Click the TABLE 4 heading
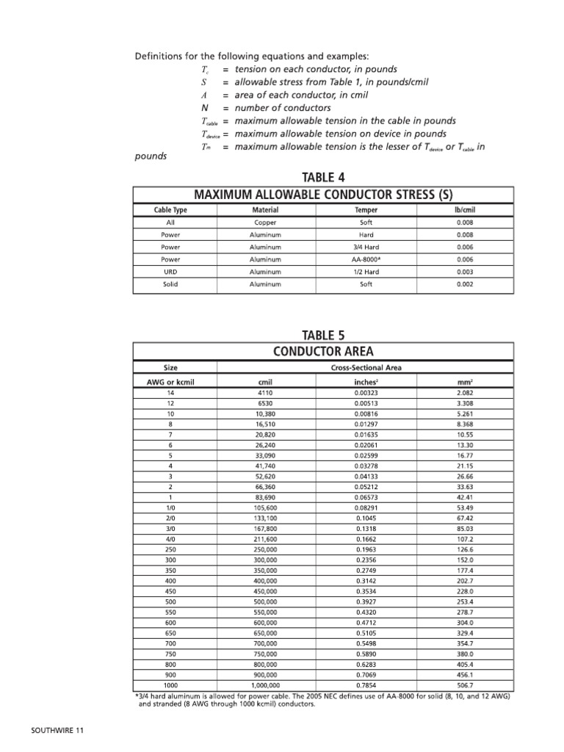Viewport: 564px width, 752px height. click(318, 177)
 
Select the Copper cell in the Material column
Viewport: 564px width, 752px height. click(265, 221)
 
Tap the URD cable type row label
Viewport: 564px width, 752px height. click(170, 271)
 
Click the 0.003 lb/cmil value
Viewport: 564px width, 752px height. click(463, 271)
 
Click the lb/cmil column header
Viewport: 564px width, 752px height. click(463, 209)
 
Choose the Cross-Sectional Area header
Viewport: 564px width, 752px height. click(365, 367)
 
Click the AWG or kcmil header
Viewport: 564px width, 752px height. click(170, 382)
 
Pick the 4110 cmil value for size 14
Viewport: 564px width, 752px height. click(265, 394)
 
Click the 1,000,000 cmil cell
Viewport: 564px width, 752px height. click(265, 684)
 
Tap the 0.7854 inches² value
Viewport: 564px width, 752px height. click(365, 684)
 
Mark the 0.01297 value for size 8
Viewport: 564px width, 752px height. click(365, 424)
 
